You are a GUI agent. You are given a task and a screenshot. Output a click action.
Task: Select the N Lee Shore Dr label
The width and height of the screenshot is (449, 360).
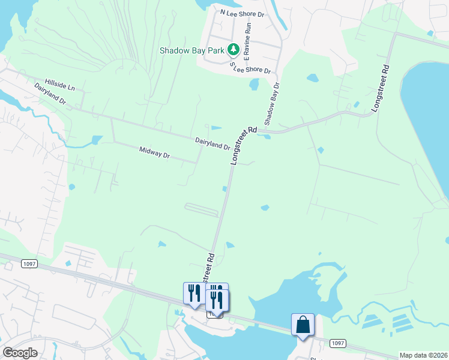[x=243, y=12]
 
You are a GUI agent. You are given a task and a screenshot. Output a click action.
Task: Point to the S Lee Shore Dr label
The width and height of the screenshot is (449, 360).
[x=250, y=67]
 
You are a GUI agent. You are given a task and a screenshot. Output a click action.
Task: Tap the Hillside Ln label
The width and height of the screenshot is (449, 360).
[x=59, y=85]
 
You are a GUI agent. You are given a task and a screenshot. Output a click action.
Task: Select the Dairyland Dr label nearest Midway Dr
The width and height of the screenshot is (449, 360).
[x=212, y=143]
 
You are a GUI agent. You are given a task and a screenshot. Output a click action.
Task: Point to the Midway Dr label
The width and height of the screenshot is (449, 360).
[x=155, y=152]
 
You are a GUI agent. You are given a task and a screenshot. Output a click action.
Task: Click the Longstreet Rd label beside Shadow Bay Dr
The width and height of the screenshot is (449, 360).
[x=243, y=146]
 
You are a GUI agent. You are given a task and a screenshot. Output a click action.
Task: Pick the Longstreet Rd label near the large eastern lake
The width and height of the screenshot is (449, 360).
[x=381, y=88]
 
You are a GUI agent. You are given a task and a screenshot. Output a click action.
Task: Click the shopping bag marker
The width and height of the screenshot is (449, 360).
[x=303, y=325]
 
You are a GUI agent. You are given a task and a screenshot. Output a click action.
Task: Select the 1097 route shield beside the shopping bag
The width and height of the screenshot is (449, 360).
[x=338, y=343]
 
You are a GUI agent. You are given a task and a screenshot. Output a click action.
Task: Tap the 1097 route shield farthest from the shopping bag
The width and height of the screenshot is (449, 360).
[x=28, y=264]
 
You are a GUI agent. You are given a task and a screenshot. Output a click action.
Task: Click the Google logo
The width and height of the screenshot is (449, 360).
[x=20, y=352]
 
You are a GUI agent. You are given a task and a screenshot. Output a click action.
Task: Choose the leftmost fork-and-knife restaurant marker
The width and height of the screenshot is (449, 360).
[x=194, y=293]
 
